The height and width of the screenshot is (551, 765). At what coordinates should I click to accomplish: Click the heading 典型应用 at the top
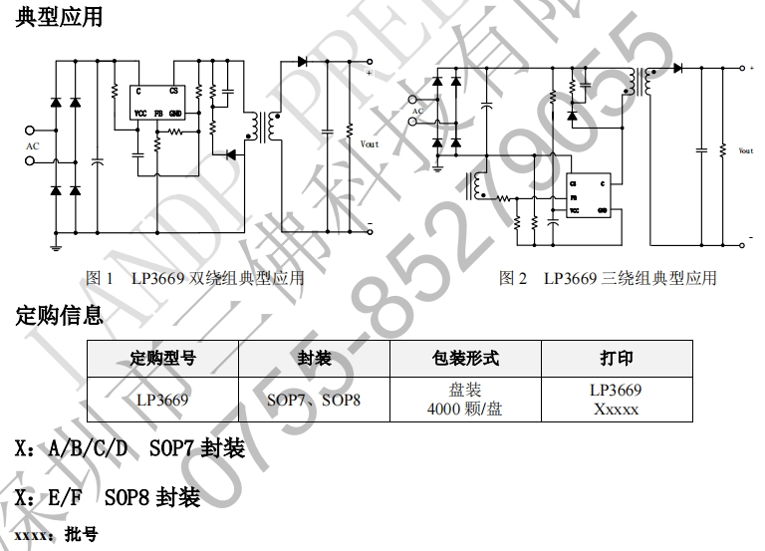pos(59,17)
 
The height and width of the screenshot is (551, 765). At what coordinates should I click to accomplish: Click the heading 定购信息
pos(59,316)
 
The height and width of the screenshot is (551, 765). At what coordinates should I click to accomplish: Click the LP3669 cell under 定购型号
pos(162,400)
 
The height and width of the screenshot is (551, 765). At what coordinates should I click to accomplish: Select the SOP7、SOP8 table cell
pos(314,400)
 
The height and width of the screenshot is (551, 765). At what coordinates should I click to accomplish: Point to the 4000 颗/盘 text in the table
pos(464,409)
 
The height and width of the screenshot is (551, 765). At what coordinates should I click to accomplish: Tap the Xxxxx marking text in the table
pos(616,409)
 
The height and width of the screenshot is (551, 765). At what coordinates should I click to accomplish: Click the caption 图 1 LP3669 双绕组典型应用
pos(195,279)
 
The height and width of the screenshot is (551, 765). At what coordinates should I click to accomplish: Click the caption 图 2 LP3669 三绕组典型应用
pos(608,279)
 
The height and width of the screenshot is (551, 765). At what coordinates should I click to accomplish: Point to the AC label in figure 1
pos(32,145)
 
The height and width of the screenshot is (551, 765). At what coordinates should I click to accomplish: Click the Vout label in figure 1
pos(370,144)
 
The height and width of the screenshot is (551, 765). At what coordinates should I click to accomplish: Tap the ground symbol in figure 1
pos(57,245)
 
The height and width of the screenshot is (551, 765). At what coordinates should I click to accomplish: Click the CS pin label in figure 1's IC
pos(174,91)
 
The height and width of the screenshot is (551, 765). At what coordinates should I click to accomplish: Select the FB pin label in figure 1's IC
pos(158,114)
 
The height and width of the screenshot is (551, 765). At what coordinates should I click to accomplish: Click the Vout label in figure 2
pos(746,151)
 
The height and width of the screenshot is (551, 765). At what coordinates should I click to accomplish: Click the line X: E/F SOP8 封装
pos(109,495)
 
